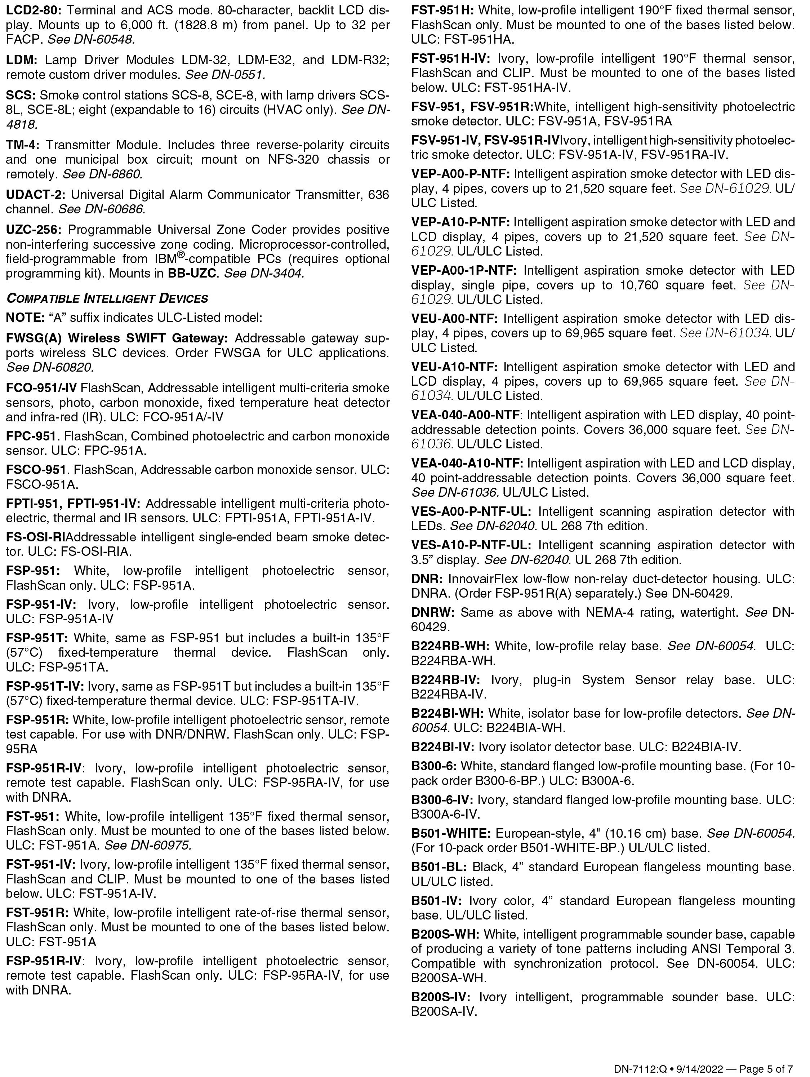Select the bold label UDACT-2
pyautogui.click(x=35, y=195)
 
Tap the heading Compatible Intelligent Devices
pyautogui.click(x=107, y=298)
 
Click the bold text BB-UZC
pyautogui.click(x=192, y=273)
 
